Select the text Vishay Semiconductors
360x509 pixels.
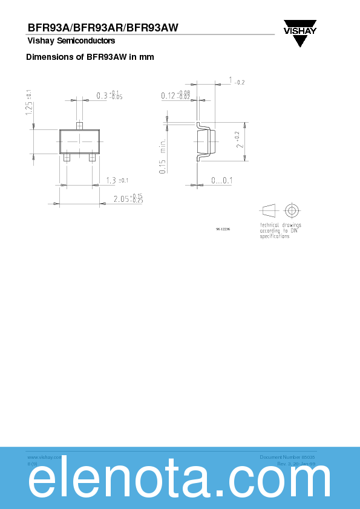coord(71,41)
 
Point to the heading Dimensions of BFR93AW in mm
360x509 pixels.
coord(90,57)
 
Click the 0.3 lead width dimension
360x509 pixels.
coord(110,95)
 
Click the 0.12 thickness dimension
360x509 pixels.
coord(175,95)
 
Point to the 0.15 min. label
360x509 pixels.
coord(163,157)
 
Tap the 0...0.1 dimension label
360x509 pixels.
coord(221,180)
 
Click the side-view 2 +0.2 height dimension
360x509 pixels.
coord(240,140)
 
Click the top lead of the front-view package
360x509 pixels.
coord(79,126)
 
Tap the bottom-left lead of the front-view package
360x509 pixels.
coord(67,157)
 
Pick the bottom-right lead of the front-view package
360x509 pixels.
coord(92,157)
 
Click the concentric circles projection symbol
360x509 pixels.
coord(292,211)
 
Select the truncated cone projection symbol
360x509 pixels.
coord(268,211)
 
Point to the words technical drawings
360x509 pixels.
coord(280,225)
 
